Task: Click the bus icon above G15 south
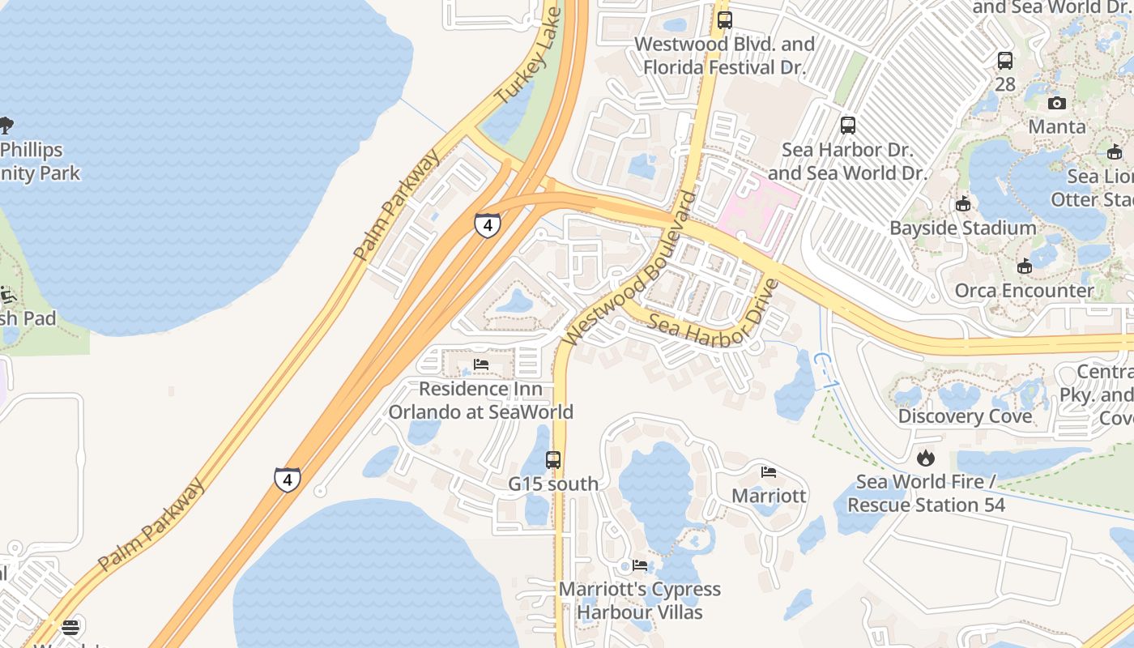pos(553,460)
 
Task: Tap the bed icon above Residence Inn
pos(481,364)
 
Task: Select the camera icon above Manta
pos(1056,103)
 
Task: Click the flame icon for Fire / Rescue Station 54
pos(926,458)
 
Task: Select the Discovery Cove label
pos(965,416)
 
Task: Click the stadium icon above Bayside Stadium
pos(962,204)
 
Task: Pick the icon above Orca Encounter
pos(1024,266)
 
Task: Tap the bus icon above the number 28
pos(1005,60)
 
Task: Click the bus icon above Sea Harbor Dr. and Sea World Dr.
pos(848,126)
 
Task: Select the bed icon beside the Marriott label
pos(769,471)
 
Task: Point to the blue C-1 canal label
pos(821,370)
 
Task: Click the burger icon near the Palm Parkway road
pos(70,627)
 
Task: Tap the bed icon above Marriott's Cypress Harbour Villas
pos(640,565)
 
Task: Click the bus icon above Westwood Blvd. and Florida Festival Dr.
pos(724,19)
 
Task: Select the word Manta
pos(1056,127)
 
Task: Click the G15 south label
pos(553,484)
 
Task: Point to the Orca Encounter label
pos(1024,291)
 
